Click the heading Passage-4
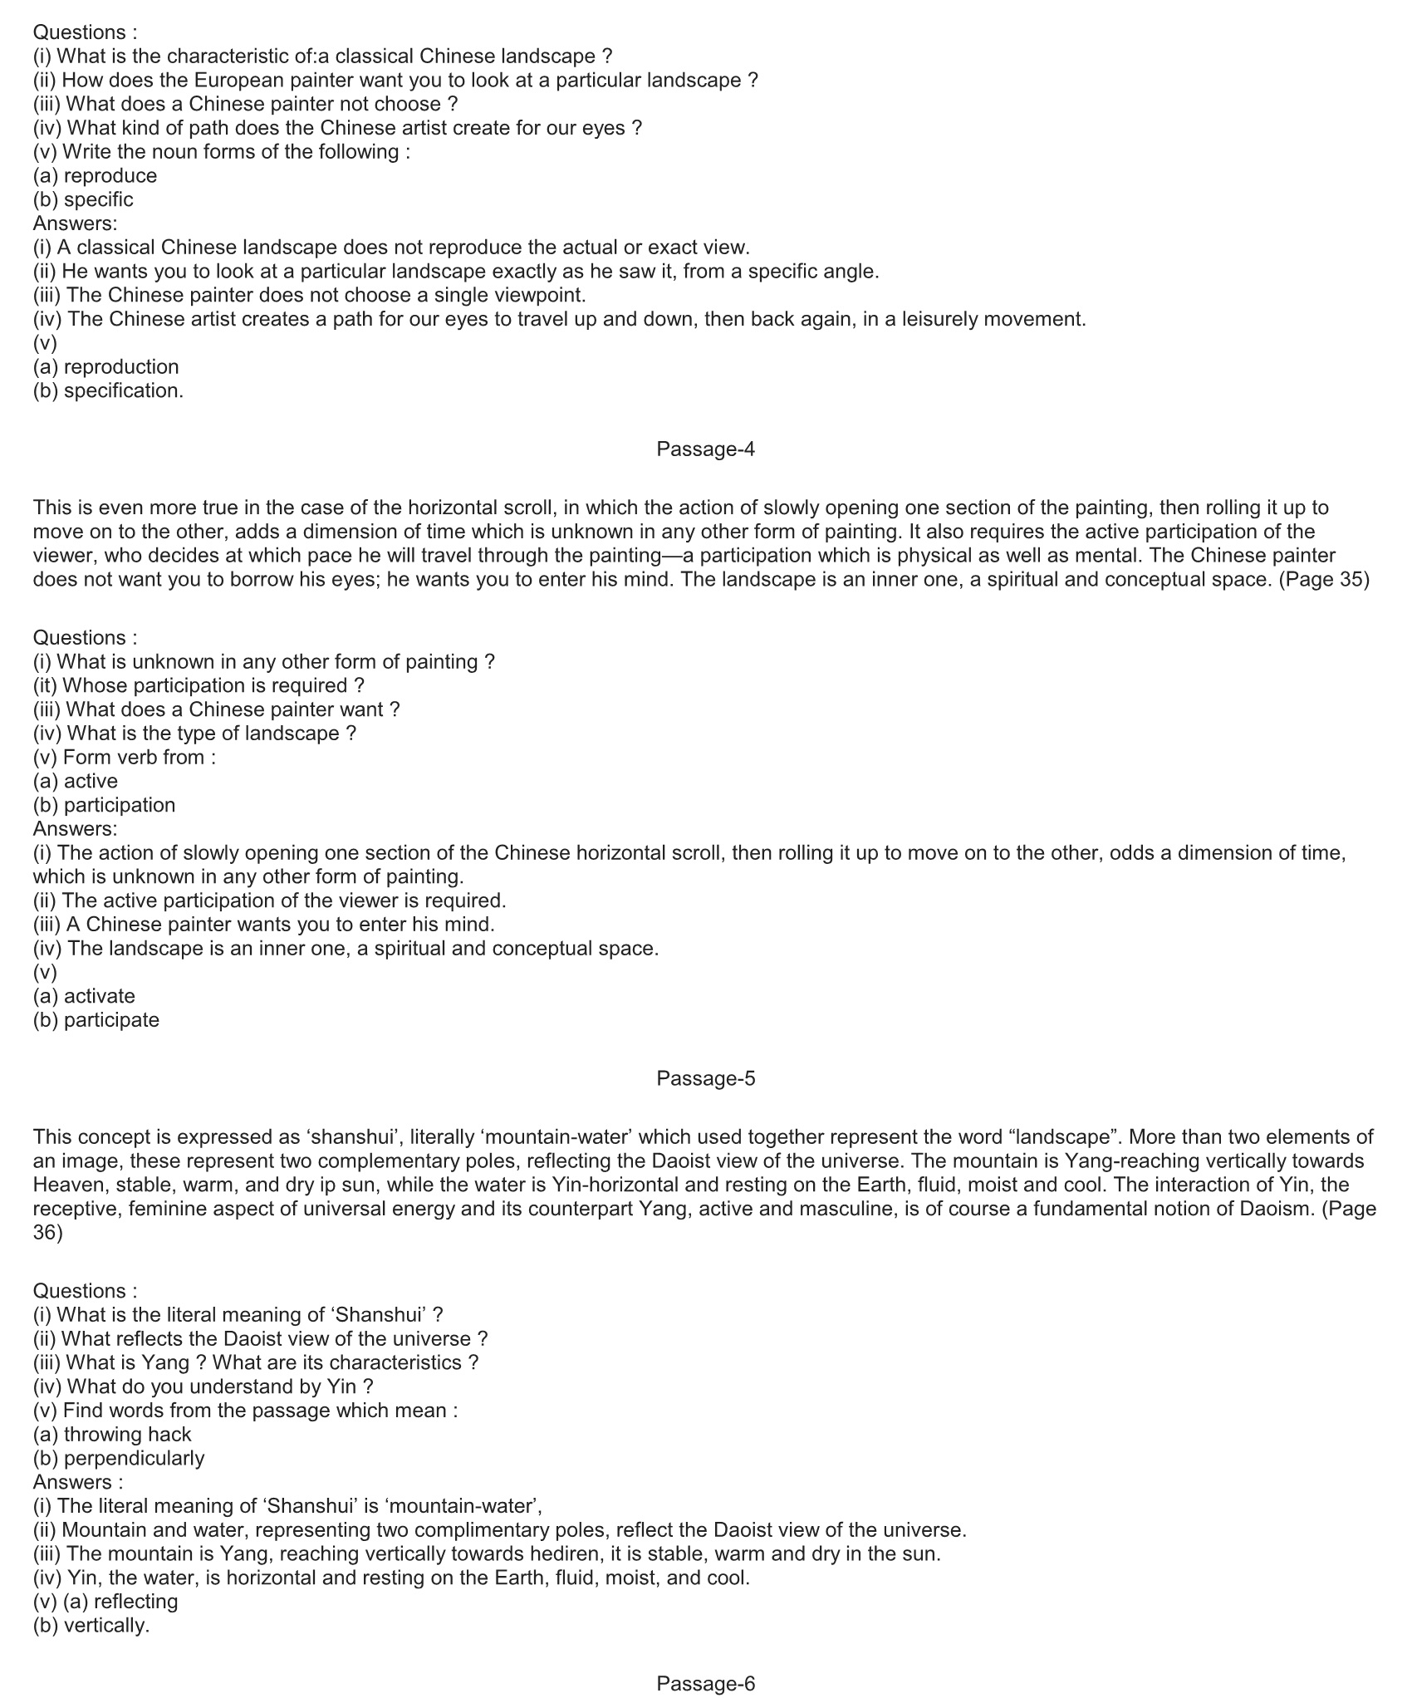coord(705,449)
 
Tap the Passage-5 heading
coord(705,1078)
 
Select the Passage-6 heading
coord(705,1684)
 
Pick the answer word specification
coord(123,390)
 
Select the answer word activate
coord(99,996)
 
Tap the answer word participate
coord(111,1019)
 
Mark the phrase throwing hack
coord(127,1434)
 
